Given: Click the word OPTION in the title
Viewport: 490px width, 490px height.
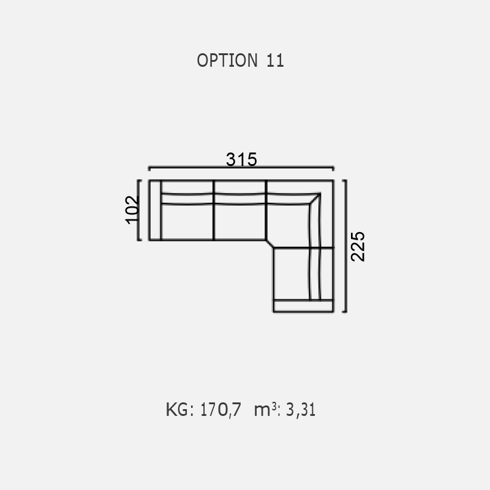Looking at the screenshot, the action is pyautogui.click(x=227, y=60).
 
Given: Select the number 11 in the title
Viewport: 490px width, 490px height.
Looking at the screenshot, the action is pyautogui.click(x=275, y=60).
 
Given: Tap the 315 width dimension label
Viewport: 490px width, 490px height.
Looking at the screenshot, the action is pyautogui.click(x=241, y=159).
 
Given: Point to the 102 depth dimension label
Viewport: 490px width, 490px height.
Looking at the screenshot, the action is pyautogui.click(x=132, y=209).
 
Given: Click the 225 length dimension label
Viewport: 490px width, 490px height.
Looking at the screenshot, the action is pyautogui.click(x=358, y=247).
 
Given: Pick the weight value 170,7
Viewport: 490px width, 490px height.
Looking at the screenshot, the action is pyautogui.click(x=221, y=410).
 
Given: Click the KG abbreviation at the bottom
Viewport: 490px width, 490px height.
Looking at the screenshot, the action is pyautogui.click(x=177, y=410).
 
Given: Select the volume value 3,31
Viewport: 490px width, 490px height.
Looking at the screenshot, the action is pyautogui.click(x=301, y=410).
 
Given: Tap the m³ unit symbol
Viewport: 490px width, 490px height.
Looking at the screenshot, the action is pyautogui.click(x=265, y=409).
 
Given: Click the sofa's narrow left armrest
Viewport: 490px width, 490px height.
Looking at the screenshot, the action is pyautogui.click(x=155, y=210).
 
